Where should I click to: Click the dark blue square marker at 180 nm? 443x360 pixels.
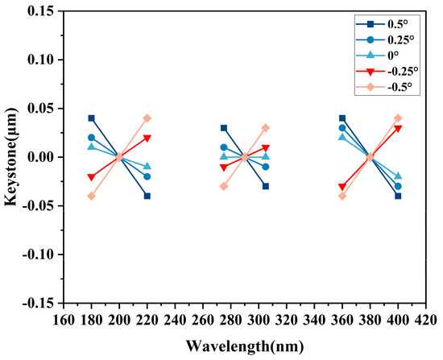pyautogui.click(x=92, y=118)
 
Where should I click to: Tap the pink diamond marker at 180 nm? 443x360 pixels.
pyautogui.click(x=92, y=197)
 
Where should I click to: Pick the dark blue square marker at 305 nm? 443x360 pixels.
pyautogui.click(x=266, y=186)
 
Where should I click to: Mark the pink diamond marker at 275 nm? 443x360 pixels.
pyautogui.click(x=224, y=186)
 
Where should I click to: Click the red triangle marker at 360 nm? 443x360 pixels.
pyautogui.click(x=342, y=187)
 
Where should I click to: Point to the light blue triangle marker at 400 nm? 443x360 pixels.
pyautogui.click(x=398, y=176)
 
